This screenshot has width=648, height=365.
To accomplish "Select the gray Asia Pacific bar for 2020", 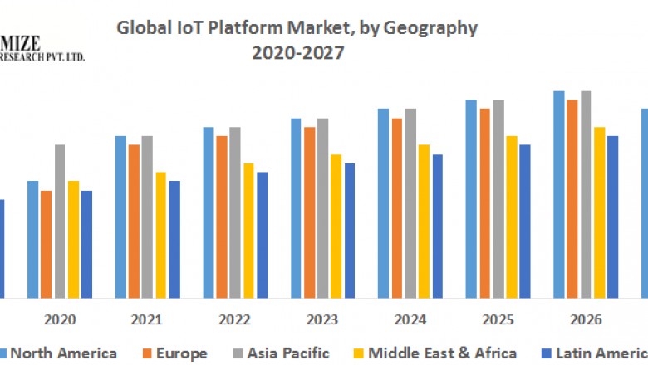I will [60, 221].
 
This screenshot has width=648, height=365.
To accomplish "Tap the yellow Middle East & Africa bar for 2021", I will [161, 235].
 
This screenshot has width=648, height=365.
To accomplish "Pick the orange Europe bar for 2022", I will [222, 217].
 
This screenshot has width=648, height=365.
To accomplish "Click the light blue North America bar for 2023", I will [297, 208].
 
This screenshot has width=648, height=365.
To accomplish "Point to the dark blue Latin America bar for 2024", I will [438, 226].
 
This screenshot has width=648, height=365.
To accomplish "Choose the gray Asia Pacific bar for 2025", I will [498, 199].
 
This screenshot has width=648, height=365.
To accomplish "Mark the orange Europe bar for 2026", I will [572, 199].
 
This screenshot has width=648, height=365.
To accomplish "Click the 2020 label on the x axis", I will [60, 319].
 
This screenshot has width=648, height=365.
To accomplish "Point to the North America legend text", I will [63, 353].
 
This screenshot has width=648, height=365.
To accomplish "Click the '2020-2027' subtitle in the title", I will [297, 53].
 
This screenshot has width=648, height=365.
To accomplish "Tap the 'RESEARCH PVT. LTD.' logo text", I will [42, 56].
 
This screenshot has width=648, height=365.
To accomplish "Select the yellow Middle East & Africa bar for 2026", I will [599, 212].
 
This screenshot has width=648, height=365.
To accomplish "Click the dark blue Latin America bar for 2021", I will [174, 239].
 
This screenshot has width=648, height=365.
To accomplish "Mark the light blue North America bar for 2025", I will [471, 199].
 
